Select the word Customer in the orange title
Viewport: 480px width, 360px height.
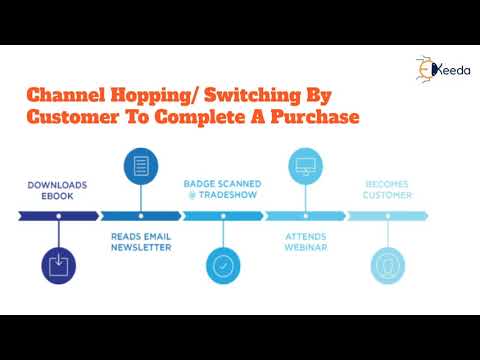click(x=69, y=118)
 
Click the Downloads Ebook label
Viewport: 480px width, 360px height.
click(x=59, y=190)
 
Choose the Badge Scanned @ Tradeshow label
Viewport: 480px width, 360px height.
click(x=222, y=190)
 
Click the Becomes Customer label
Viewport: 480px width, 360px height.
click(x=386, y=190)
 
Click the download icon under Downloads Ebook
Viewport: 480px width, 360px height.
click(x=59, y=264)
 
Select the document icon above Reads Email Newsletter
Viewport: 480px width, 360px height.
click(x=141, y=166)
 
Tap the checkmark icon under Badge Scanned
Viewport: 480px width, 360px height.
click(x=222, y=265)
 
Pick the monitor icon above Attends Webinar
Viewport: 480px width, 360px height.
click(x=305, y=166)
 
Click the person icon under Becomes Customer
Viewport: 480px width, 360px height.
click(x=386, y=265)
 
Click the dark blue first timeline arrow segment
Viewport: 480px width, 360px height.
click(x=59, y=216)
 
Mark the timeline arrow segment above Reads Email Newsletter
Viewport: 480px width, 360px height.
click(x=141, y=216)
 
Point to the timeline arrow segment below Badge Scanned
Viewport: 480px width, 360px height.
click(x=222, y=216)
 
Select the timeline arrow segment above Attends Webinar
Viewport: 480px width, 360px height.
click(x=305, y=216)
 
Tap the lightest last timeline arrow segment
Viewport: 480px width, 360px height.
click(x=387, y=216)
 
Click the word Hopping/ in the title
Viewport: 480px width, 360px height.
click(x=157, y=96)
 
